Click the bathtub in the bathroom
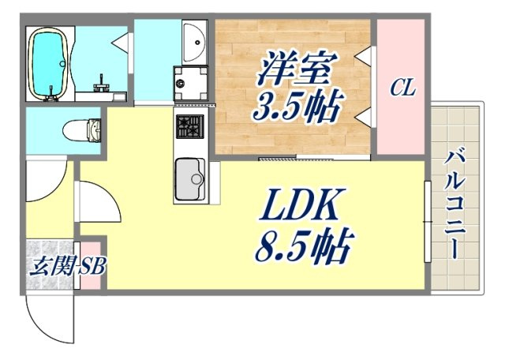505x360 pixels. click(49, 63)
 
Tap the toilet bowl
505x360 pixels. click(82, 131)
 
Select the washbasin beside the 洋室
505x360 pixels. click(193, 42)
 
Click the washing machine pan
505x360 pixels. click(190, 83)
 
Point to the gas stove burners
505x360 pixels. click(189, 126)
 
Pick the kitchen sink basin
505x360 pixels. click(190, 179)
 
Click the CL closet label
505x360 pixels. click(402, 88)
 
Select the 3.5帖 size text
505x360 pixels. click(297, 106)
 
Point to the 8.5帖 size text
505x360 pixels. click(304, 245)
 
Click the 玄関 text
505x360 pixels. click(54, 266)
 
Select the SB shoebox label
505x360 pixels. click(92, 266)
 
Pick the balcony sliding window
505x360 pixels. click(428, 222)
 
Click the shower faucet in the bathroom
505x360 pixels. click(101, 84)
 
